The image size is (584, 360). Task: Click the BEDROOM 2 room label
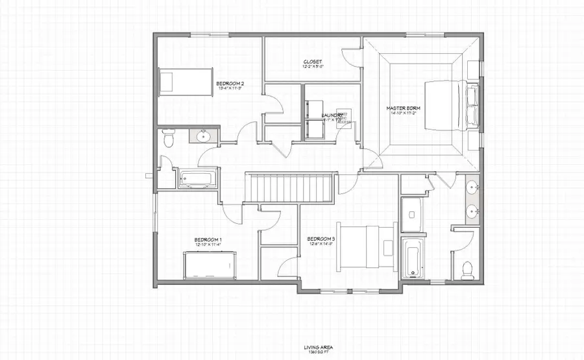pos(230,84)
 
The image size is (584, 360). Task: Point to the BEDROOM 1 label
pos(208,240)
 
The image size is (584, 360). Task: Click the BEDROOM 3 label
pos(320,239)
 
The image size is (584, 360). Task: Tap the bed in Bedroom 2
pos(186,82)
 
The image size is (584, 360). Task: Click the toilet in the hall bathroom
pos(168,140)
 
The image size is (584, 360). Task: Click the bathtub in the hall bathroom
pos(199,178)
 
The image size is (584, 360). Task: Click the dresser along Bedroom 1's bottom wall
pos(209,266)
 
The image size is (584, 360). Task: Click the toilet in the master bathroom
pos(466,269)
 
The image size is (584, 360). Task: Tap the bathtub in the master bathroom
pos(412,258)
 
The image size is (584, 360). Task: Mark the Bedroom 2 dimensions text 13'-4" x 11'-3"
pos(230,90)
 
